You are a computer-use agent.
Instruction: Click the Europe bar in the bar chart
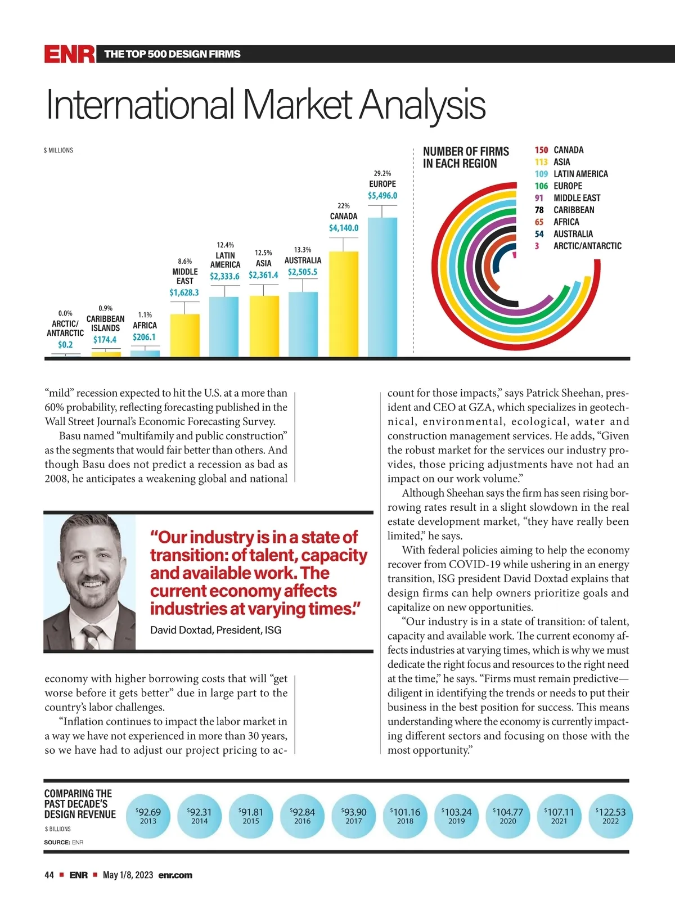pyautogui.click(x=382, y=287)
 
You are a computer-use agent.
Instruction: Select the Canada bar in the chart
pyautogui.click(x=343, y=304)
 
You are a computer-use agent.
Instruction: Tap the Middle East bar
pyautogui.click(x=184, y=335)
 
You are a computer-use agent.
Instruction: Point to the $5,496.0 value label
pyautogui.click(x=382, y=196)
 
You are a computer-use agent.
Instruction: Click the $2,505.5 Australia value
pyautogui.click(x=303, y=272)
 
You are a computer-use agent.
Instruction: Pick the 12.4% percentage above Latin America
pyautogui.click(x=225, y=245)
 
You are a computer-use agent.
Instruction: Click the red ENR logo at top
pyautogui.click(x=70, y=55)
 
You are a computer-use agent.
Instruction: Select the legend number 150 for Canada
pyautogui.click(x=541, y=150)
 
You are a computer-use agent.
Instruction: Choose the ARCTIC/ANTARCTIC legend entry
pyautogui.click(x=587, y=246)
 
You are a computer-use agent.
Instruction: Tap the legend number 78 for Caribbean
pyautogui.click(x=539, y=210)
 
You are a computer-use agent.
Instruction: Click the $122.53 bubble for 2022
pyautogui.click(x=610, y=816)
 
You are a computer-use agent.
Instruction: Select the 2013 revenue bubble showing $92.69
pyautogui.click(x=148, y=816)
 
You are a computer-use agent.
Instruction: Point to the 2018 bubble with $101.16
pyautogui.click(x=405, y=816)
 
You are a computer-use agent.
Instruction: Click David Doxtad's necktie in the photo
pyautogui.click(x=91, y=636)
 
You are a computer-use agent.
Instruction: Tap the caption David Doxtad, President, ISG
pyautogui.click(x=215, y=630)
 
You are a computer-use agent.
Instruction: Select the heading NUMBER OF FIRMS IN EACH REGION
pyautogui.click(x=466, y=157)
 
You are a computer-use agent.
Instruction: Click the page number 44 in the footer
pyautogui.click(x=49, y=875)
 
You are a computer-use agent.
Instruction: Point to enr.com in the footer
pyautogui.click(x=175, y=875)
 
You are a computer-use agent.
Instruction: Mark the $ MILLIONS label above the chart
pyautogui.click(x=58, y=150)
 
